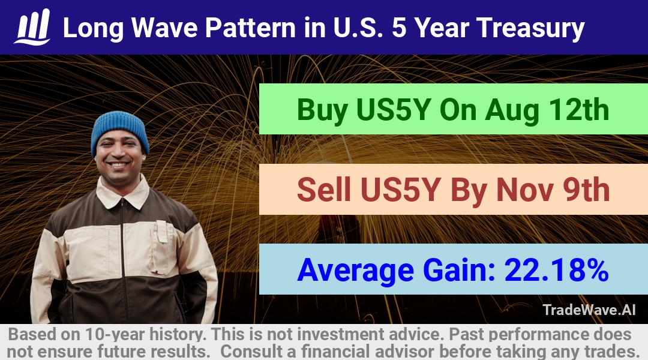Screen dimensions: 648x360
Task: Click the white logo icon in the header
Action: click(32, 27)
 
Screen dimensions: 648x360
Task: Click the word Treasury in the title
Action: click(530, 28)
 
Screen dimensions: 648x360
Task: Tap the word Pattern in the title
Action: click(250, 28)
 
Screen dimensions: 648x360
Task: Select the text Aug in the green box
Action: click(512, 110)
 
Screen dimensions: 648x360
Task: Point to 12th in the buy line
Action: click(579, 109)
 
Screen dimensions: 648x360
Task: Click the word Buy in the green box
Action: click(322, 110)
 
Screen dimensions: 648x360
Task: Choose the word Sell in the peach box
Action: click(323, 190)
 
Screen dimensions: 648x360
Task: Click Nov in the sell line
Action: click(525, 190)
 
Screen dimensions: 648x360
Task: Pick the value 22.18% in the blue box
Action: click(556, 269)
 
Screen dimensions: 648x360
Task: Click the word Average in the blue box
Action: click(355, 271)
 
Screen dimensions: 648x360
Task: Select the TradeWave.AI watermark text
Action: click(589, 310)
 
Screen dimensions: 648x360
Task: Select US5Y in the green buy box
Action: click(394, 110)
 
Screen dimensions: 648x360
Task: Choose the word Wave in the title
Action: click(166, 28)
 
